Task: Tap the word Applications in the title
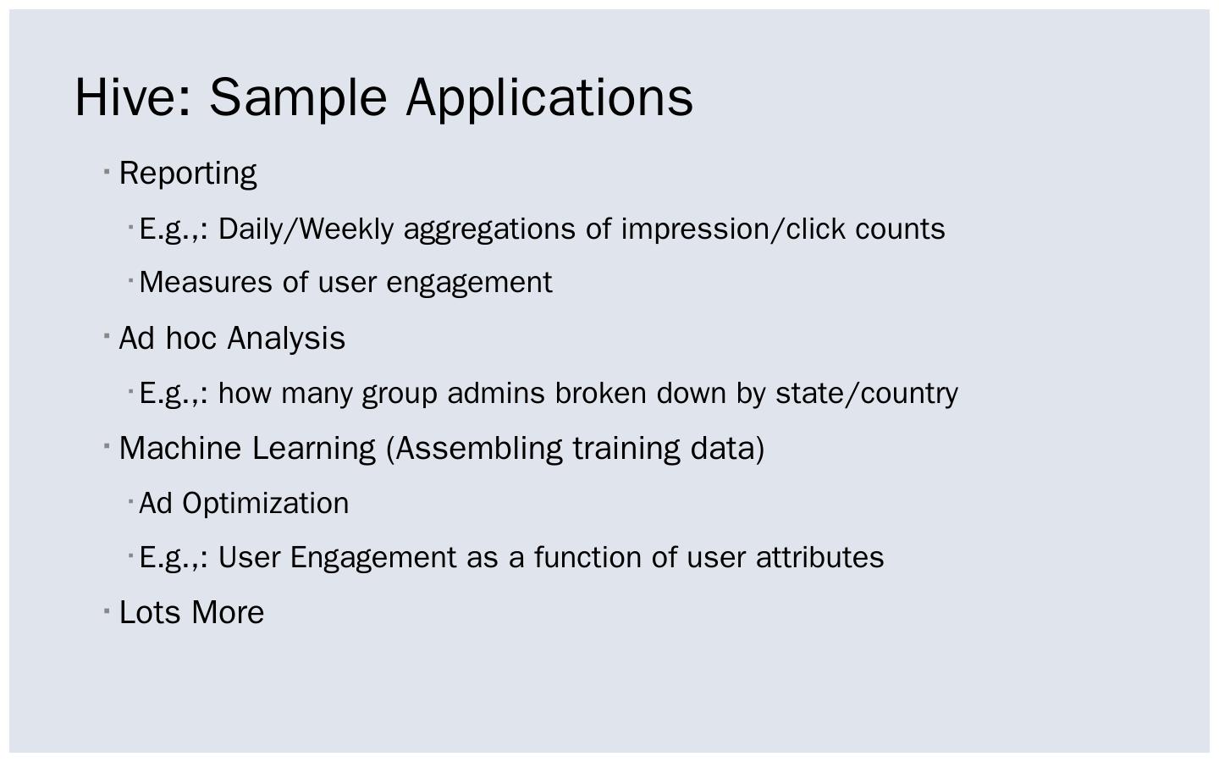[549, 97]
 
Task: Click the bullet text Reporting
[188, 174]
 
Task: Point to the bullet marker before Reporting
[108, 172]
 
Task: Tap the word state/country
[867, 394]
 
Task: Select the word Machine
[180, 449]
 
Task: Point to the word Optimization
[266, 504]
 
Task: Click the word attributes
[819, 558]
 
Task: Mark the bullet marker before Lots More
[108, 611]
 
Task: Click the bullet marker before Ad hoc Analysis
[108, 337]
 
